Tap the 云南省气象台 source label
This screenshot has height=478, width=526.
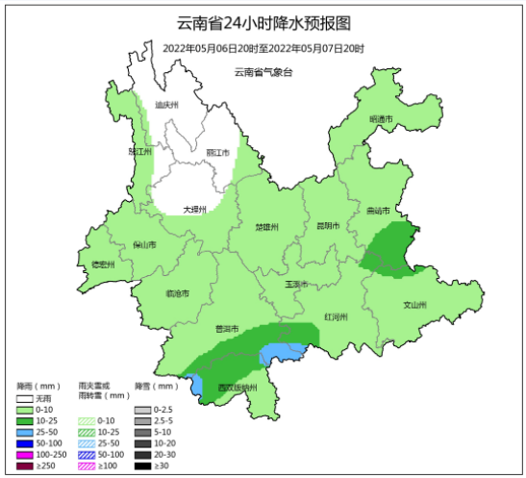tap(263, 72)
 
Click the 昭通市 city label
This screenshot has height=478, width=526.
tap(382, 119)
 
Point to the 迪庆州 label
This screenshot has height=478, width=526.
tap(168, 105)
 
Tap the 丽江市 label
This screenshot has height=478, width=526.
tap(217, 152)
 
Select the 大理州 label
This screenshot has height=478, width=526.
tap(195, 209)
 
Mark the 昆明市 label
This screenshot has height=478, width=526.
tap(328, 226)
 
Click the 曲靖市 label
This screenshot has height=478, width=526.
tap(378, 211)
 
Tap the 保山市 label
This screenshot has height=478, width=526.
tap(144, 245)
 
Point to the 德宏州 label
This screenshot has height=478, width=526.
tap(102, 264)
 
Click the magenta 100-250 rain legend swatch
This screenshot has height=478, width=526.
tap(26, 454)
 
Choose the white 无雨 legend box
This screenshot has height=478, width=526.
tap(26, 399)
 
